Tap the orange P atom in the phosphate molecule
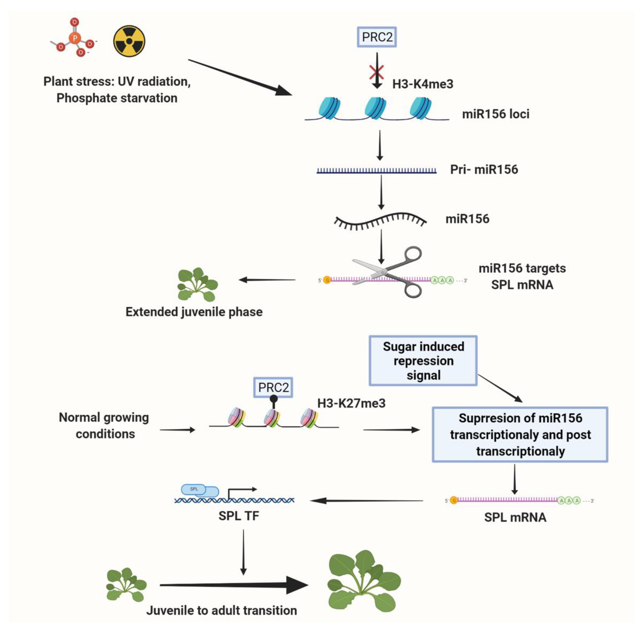(x=75, y=38)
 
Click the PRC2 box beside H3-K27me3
(x=273, y=387)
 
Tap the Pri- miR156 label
(x=484, y=170)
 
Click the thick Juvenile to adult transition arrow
(x=232, y=585)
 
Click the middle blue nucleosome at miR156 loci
(x=375, y=108)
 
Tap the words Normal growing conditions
(x=104, y=425)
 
